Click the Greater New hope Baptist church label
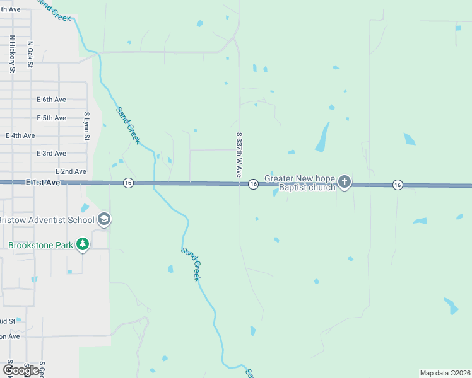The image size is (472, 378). coord(300,183)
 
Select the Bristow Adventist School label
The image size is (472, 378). coord(45,219)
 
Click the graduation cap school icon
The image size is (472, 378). coord(104,219)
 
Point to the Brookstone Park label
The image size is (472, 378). coord(39,244)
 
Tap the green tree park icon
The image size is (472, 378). coord(82,244)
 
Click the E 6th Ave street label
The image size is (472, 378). coord(51,100)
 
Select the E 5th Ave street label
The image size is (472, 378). coord(51,118)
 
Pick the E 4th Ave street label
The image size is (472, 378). coord(20,135)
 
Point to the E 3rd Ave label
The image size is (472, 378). coord(51,153)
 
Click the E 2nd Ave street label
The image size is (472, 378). coord(71,171)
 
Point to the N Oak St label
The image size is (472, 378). coord(30,55)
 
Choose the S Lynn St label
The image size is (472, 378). coord(87,127)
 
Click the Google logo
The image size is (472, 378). coord(21,370)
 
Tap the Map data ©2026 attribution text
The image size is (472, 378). coord(445,373)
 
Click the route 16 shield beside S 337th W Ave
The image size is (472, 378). coord(253,184)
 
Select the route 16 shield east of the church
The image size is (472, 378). coord(398,185)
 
